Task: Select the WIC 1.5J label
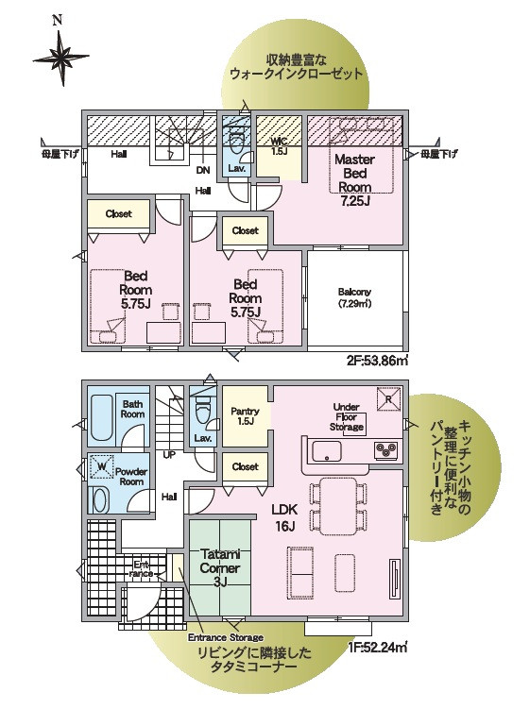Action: pos(279,147)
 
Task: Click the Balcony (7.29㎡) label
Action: pos(354,298)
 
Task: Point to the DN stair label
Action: pos(203,171)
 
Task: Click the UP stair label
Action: pos(169,455)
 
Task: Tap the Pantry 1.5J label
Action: pos(245,416)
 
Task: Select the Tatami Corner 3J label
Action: pos(220,568)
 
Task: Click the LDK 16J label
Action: pos(284,518)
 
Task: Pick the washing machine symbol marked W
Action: pos(102,466)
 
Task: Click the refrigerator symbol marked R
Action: pos(389,399)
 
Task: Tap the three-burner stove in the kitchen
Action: pos(386,450)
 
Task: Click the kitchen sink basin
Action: pos(326,451)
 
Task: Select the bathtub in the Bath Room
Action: pos(102,418)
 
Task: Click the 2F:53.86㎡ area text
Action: pos(378,361)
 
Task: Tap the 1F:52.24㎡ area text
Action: pos(378,647)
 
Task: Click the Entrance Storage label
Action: pos(226,637)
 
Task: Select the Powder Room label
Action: pos(131,477)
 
